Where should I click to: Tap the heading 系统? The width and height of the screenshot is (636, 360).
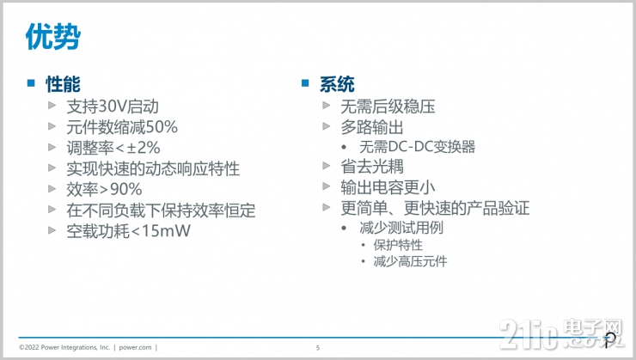[x=336, y=84]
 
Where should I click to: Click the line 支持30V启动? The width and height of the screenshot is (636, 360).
[x=113, y=107]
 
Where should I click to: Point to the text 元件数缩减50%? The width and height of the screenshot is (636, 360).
[x=122, y=127]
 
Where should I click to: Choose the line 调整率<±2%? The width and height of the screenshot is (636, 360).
[x=113, y=148]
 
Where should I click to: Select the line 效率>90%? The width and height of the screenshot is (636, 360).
[x=104, y=189]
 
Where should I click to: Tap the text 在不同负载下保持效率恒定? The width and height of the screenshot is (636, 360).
[x=161, y=210]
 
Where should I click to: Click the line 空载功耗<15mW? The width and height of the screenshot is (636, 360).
[x=128, y=230]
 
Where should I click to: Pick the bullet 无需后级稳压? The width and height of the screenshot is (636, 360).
[x=388, y=107]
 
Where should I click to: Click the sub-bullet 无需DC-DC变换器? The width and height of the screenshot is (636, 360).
[x=418, y=146]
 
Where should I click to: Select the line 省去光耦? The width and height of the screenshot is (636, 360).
[x=371, y=166]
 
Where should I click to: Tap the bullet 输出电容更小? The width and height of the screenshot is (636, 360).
[x=388, y=186]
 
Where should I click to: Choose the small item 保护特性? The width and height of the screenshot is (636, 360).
[x=398, y=245]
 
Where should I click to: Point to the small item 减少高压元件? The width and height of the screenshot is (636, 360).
[x=410, y=261]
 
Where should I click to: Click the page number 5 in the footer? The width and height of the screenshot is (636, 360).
[x=317, y=347]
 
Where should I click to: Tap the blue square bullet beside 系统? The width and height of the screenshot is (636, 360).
[x=304, y=83]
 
